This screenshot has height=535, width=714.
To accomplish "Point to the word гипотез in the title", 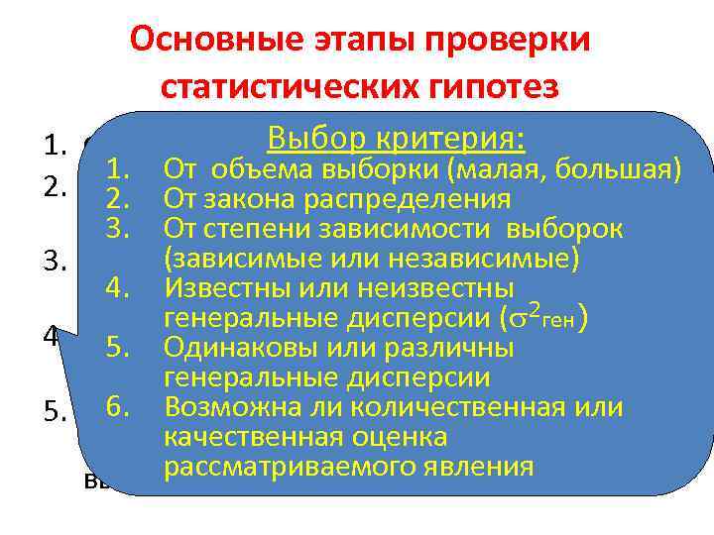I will click(497, 86).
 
